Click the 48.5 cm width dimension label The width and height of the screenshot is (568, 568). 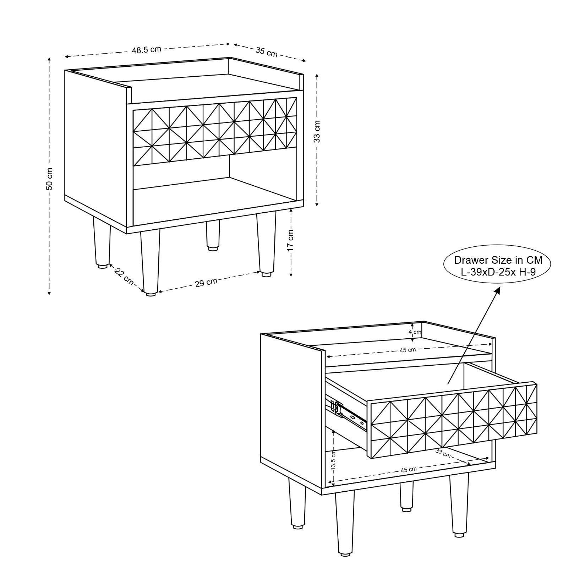147,50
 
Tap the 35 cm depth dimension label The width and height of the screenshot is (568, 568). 267,52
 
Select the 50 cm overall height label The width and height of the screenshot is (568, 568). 50,179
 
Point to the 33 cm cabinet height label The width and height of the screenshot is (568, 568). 317,132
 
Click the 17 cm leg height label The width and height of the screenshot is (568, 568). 290,240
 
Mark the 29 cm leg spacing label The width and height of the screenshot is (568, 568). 206,283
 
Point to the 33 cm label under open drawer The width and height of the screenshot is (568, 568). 443,453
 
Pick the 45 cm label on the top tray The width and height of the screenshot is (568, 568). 408,350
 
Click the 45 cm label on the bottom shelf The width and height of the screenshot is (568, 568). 408,470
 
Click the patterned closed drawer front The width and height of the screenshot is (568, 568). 215,131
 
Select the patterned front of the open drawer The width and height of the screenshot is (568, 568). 454,421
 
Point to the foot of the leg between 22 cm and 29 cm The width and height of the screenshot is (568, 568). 151,294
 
